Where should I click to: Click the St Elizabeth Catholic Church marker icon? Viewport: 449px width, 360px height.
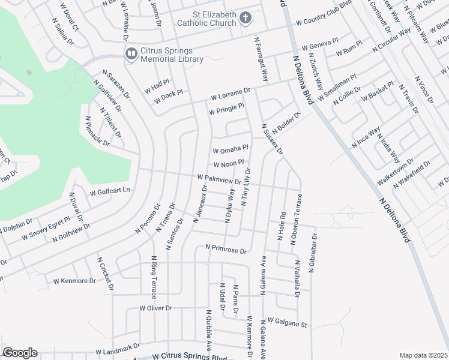245,18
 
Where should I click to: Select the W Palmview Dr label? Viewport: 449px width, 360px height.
219,179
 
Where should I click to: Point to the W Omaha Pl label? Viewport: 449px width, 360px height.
231,148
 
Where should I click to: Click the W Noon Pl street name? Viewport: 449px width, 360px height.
228,163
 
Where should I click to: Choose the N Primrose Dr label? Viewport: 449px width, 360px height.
226,247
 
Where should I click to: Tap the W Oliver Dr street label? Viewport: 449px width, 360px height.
155,308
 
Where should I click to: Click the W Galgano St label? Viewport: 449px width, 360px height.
288,322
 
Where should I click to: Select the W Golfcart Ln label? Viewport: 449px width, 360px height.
110,193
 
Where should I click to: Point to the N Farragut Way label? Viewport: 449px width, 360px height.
261,60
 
